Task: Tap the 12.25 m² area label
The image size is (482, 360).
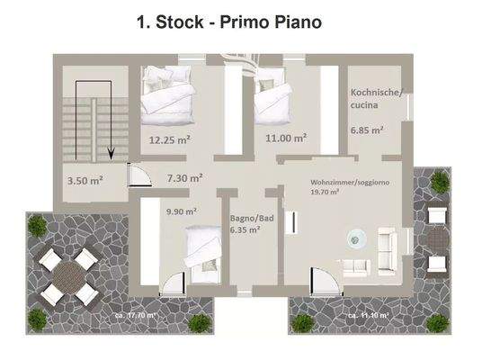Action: tap(169, 139)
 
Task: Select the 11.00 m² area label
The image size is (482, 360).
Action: tap(286, 139)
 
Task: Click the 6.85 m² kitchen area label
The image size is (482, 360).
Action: tap(367, 130)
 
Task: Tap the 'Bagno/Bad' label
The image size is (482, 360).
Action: tap(246, 218)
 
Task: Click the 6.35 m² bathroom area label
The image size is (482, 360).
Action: tap(245, 229)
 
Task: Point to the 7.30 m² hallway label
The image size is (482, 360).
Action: tap(183, 178)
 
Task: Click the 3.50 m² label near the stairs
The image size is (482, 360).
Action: tap(85, 180)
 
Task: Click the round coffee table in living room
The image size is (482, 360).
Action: tap(357, 238)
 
